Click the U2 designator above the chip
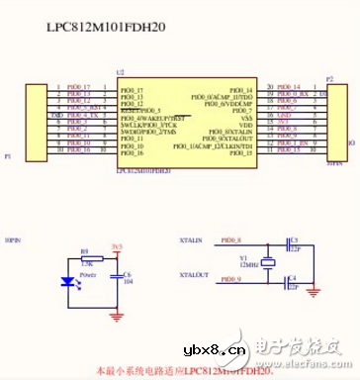[122, 73]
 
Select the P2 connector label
[329, 75]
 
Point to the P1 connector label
[9, 155]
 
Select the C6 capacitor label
[126, 274]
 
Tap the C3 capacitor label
[295, 238]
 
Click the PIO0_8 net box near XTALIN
[232, 241]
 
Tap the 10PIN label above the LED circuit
[13, 240]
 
